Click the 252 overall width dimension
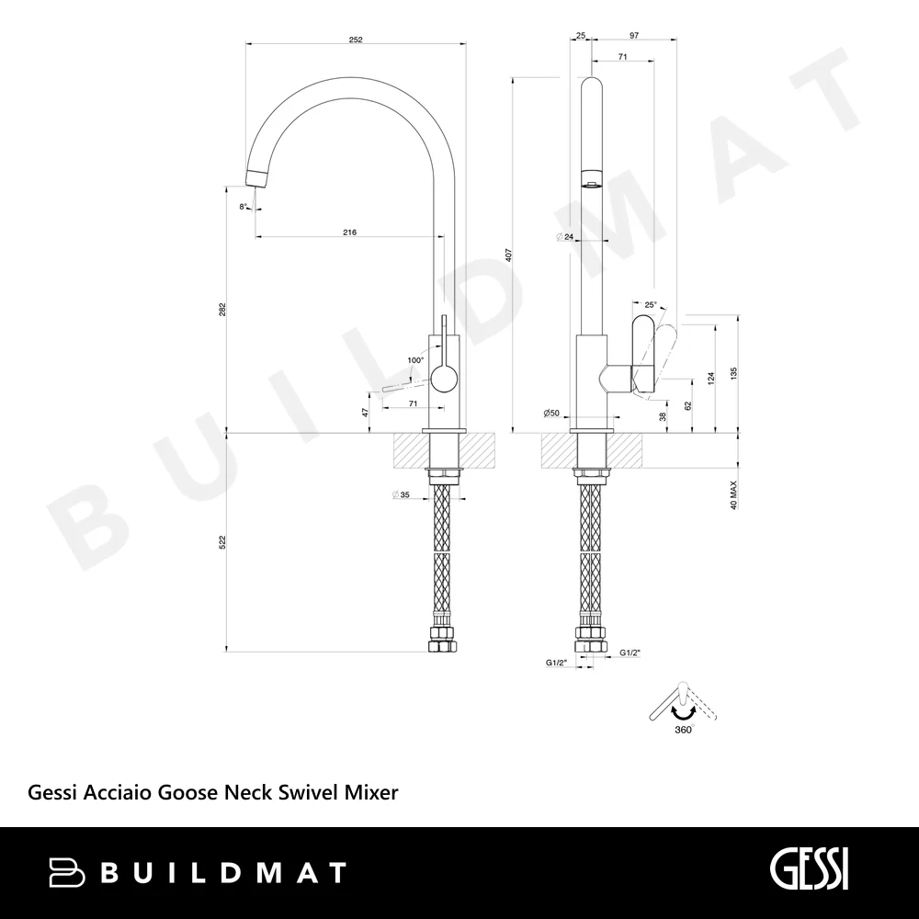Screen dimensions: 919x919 pos(356,40)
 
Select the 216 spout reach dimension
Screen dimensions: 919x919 pos(349,233)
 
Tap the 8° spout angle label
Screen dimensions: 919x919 pos(243,206)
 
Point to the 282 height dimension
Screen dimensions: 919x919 pos(222,310)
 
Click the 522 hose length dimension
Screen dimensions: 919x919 pos(222,542)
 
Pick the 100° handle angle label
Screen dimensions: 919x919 pos(415,360)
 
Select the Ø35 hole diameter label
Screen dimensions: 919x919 pos(401,495)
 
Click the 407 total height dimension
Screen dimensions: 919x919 pos(509,255)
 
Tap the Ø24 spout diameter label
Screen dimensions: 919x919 pos(565,237)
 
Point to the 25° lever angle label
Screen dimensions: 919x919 pos(651,305)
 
